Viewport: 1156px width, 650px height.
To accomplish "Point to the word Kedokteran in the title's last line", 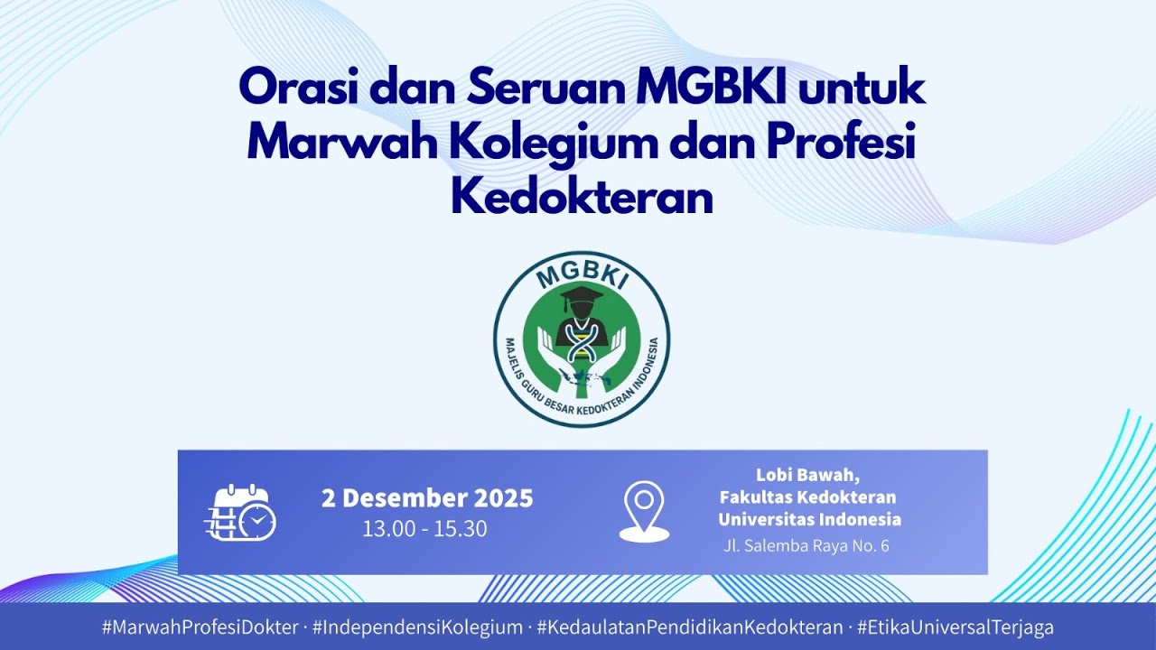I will click(x=582, y=199).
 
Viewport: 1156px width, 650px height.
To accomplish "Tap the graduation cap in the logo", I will click(x=581, y=297).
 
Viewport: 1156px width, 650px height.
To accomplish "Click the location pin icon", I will click(x=644, y=511).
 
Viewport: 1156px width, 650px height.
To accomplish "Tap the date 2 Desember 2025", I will click(x=427, y=498).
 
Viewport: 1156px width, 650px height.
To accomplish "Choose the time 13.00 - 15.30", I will click(x=424, y=529).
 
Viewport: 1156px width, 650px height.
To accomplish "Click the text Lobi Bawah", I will click(x=807, y=475).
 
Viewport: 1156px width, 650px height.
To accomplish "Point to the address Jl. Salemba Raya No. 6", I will click(x=806, y=546).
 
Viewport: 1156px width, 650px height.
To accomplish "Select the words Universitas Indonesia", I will click(x=809, y=519).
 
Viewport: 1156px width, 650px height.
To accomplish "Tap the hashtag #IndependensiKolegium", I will click(x=417, y=627).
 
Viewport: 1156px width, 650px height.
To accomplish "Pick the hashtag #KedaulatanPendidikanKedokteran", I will click(x=689, y=627).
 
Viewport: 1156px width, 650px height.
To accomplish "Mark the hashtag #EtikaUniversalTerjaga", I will click(x=955, y=627).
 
